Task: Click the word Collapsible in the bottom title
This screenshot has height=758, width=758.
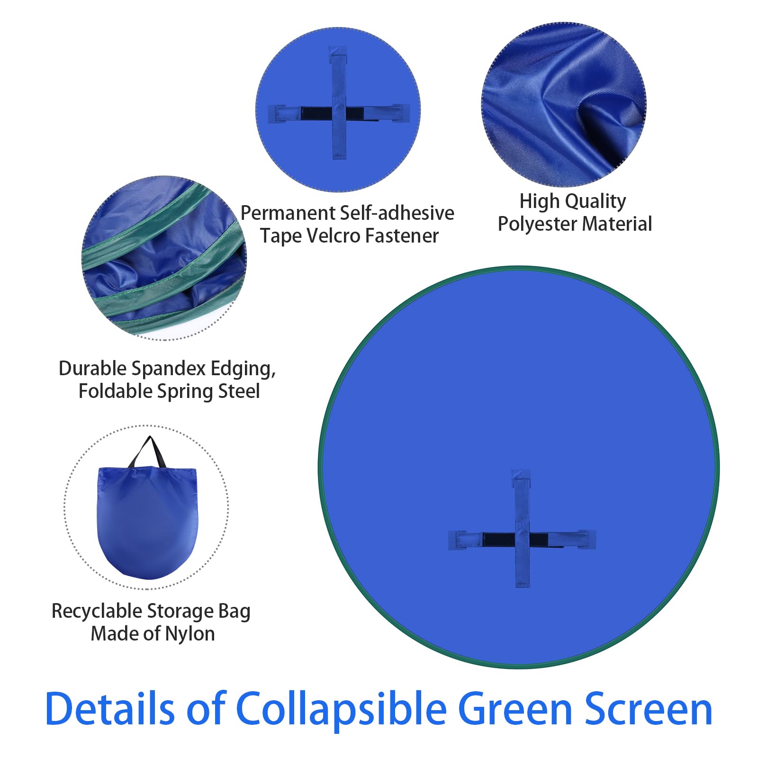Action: (x=341, y=709)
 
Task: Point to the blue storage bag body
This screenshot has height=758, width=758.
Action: (x=147, y=521)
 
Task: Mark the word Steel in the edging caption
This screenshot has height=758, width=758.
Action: (x=239, y=391)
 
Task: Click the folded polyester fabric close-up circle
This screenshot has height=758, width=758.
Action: (x=564, y=104)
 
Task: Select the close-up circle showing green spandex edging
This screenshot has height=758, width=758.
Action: (x=164, y=258)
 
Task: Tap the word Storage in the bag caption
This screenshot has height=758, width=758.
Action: (x=177, y=611)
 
